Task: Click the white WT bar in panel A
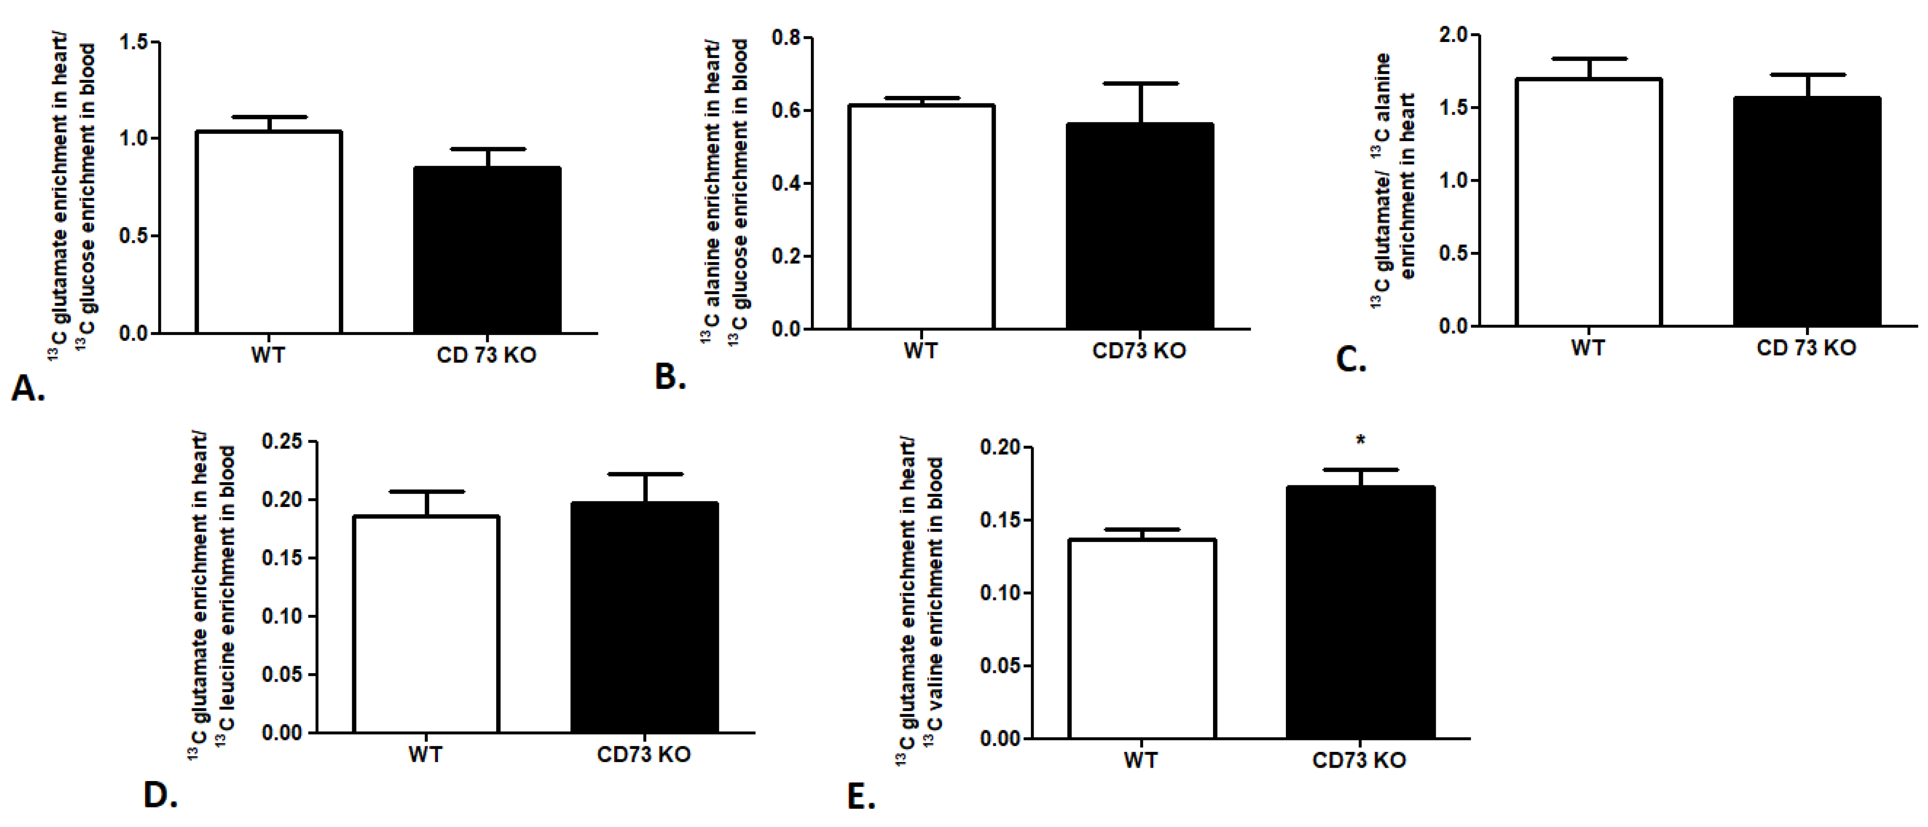point(269,232)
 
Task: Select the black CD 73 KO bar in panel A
point(487,250)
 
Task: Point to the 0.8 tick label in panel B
point(786,38)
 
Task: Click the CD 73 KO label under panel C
point(1806,348)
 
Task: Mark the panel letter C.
point(1351,360)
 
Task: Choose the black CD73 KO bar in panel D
point(644,617)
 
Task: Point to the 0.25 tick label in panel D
point(282,442)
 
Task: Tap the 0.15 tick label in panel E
point(1000,520)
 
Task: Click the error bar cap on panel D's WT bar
point(426,492)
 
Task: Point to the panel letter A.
point(28,388)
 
